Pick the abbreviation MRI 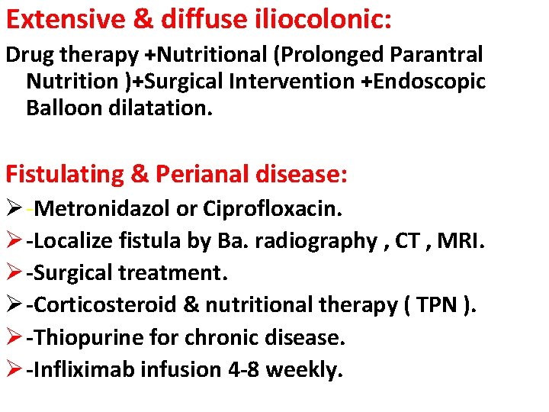(x=464, y=240)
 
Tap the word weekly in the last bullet (x=305, y=369)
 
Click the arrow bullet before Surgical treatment (x=14, y=272)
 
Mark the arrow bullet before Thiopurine (x=14, y=336)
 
